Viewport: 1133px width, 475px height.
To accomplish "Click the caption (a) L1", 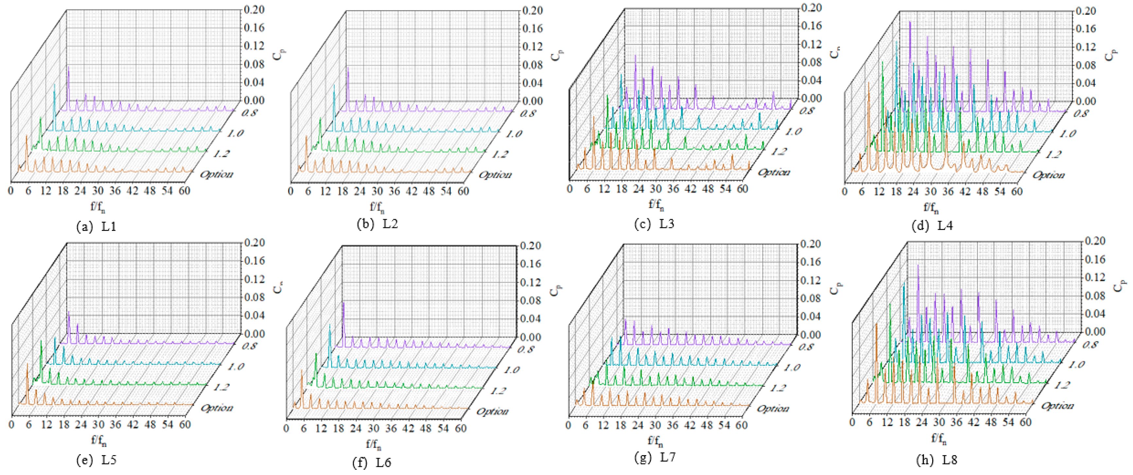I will coord(96,227).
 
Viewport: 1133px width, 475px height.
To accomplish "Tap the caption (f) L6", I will coord(372,462).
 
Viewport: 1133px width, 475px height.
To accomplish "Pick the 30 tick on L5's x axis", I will coord(98,424).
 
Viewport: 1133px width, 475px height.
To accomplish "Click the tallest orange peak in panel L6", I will coord(302,372).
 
